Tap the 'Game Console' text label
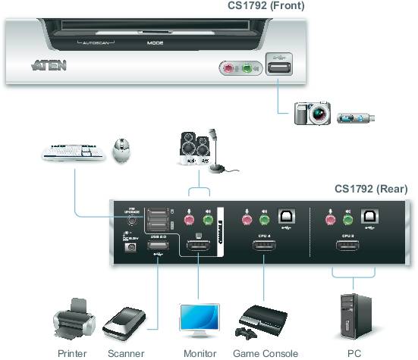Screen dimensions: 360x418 [265, 353]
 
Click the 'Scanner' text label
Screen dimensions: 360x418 [126, 353]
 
